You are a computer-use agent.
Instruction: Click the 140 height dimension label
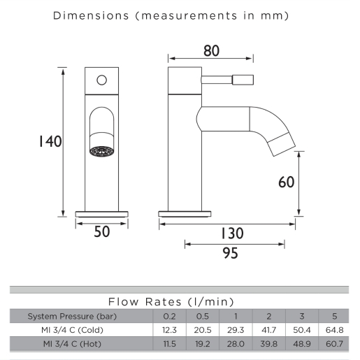(x=50, y=141)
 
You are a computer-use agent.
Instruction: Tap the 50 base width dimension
(x=102, y=231)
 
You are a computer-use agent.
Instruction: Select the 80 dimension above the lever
(x=211, y=51)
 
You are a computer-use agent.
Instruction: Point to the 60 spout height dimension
(x=287, y=182)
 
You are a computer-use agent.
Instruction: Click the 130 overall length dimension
(x=232, y=233)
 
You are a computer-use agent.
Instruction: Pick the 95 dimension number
(x=230, y=253)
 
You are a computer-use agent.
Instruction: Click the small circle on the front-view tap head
(x=102, y=80)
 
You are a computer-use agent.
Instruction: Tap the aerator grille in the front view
(x=102, y=151)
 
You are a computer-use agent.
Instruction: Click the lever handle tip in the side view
(x=243, y=80)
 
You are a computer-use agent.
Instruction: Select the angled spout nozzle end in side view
(x=282, y=145)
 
